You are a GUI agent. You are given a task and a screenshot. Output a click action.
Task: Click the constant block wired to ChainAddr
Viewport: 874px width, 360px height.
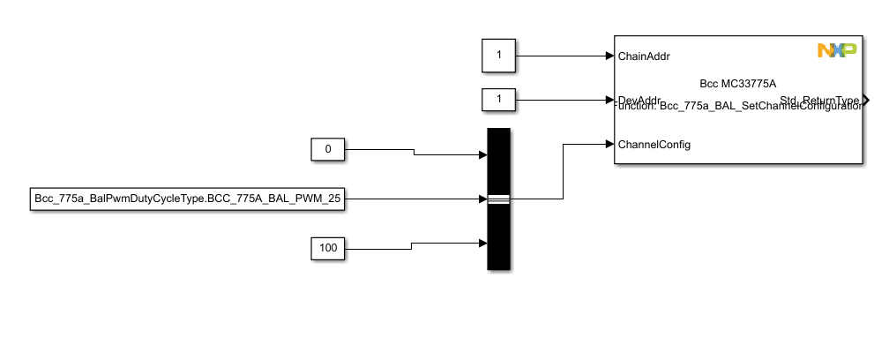[x=498, y=56]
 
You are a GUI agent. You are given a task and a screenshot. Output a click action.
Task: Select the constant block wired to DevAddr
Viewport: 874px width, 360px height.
[x=498, y=100]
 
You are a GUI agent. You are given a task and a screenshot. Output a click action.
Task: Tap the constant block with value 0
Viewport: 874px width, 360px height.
[x=328, y=149]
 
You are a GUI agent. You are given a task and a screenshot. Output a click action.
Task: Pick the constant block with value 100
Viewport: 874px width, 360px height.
[x=328, y=249]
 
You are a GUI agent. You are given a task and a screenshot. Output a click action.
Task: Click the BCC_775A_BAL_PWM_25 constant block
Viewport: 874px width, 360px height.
[x=186, y=199]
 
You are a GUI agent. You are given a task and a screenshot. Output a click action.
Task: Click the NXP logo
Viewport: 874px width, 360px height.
[x=836, y=51]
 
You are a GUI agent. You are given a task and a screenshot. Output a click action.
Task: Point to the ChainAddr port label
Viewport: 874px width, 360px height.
[x=644, y=56]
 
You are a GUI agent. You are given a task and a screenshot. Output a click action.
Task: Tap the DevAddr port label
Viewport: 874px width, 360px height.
[x=640, y=99]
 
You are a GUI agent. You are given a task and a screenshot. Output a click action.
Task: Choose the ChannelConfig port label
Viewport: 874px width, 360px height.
[x=654, y=144]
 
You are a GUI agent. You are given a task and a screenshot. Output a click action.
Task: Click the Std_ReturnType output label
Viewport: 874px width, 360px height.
[x=818, y=101]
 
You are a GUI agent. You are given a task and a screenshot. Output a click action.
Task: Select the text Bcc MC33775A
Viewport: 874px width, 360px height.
[x=737, y=84]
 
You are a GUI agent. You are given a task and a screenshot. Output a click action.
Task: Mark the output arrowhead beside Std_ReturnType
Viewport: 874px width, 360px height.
[x=866, y=100]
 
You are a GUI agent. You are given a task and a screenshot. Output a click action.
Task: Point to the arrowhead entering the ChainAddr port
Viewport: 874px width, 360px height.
[x=609, y=56]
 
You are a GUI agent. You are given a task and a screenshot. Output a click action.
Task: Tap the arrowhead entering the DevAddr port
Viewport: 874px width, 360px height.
[x=609, y=99]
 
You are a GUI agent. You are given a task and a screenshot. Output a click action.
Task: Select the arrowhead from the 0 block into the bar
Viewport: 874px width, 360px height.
[x=482, y=155]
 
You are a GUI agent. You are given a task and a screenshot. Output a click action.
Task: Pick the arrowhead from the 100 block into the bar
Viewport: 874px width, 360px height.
[x=482, y=243]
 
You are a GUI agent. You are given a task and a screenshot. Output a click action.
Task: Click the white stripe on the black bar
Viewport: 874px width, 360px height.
[x=498, y=199]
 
